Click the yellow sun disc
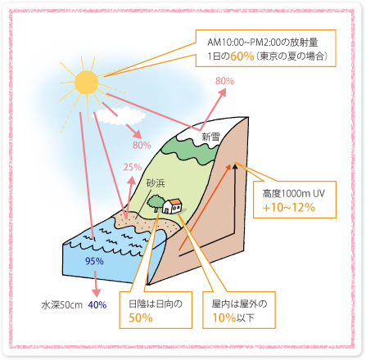(x=86, y=83)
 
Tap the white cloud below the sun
(x=120, y=116)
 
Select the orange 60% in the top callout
(x=242, y=56)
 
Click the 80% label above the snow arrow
(x=224, y=81)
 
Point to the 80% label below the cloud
(x=142, y=145)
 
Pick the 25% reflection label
(x=133, y=167)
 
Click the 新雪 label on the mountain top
(x=210, y=137)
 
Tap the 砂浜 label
(x=156, y=183)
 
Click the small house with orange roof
(x=172, y=206)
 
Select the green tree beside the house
(x=156, y=203)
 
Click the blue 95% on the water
(x=94, y=261)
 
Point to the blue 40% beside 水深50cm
(x=97, y=304)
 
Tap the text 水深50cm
(x=62, y=305)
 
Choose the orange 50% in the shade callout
(x=141, y=317)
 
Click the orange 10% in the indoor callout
(x=224, y=317)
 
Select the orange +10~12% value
(x=289, y=208)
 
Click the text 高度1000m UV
(x=294, y=194)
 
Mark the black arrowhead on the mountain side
(x=235, y=166)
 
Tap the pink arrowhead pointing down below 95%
(x=96, y=293)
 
